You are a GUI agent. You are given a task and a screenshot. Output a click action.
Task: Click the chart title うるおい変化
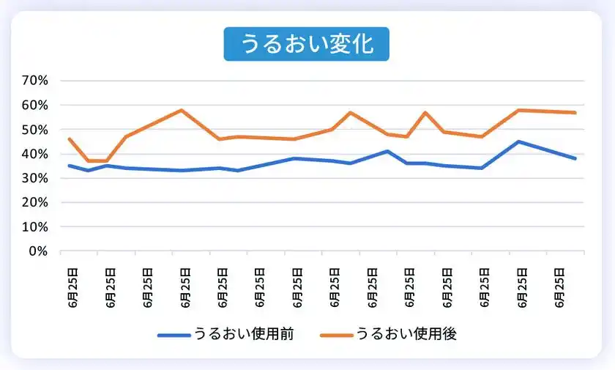(x=307, y=44)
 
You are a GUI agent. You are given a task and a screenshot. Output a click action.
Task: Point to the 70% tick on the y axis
(x=34, y=81)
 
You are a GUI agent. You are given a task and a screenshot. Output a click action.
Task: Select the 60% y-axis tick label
(x=34, y=105)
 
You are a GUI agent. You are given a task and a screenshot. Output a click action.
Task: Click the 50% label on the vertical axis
(x=34, y=130)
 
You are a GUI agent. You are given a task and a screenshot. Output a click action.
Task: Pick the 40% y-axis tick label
(x=34, y=154)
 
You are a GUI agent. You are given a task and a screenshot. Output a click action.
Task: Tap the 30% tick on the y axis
(x=34, y=178)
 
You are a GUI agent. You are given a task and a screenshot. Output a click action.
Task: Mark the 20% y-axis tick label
(x=34, y=202)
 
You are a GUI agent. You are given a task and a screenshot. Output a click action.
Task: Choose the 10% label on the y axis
(x=34, y=227)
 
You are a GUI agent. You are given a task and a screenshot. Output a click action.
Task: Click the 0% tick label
(x=38, y=251)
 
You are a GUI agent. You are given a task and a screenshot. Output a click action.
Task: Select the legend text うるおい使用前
(x=244, y=334)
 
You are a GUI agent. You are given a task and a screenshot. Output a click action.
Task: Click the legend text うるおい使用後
(x=406, y=334)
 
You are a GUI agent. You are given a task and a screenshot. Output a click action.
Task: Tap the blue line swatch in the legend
(x=174, y=335)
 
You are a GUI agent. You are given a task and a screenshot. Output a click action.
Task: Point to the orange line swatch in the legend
(x=336, y=335)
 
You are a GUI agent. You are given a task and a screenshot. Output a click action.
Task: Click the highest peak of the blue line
(x=518, y=141)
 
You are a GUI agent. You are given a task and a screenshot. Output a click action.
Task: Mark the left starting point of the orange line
(x=69, y=139)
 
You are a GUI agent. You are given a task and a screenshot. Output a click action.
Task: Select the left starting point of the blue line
(x=69, y=166)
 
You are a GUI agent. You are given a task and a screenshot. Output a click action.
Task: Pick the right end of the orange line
(x=575, y=112)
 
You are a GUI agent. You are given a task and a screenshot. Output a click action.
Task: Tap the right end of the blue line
(x=575, y=158)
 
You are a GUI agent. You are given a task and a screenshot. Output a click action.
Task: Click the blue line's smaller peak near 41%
(x=387, y=151)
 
